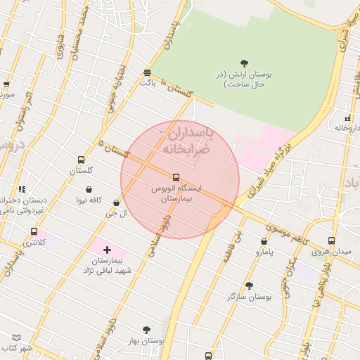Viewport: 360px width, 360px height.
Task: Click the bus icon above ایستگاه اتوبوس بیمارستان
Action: point(176,177)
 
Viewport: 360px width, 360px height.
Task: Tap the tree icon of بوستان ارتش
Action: point(244,64)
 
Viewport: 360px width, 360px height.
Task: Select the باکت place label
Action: point(147,83)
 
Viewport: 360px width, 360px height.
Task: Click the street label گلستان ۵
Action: point(116,148)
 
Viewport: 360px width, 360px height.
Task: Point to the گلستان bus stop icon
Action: point(81,160)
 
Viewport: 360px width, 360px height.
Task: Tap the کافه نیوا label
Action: point(91,200)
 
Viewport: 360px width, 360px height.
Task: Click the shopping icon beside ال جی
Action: point(116,203)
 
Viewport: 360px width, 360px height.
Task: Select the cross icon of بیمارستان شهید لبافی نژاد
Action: point(107,250)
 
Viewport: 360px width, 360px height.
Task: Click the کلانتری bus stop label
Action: point(34,243)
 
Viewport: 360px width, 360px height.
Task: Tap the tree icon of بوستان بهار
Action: point(146,329)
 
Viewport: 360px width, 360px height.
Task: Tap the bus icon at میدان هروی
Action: point(331,240)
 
